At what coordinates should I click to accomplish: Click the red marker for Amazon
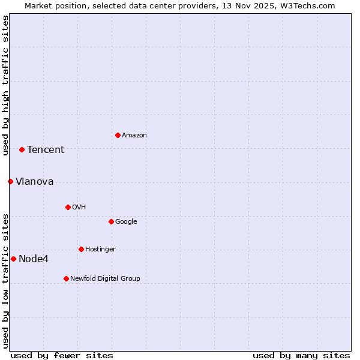118,135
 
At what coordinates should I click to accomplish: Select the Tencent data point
22,149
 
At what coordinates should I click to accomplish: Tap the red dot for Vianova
10,181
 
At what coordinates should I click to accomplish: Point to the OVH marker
68,207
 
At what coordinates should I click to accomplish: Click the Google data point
111,221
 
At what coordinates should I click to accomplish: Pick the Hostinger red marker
81,249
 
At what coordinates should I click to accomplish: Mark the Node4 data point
13,259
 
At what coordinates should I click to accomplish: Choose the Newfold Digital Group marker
66,278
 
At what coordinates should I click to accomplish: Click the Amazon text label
134,136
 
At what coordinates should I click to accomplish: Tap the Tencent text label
46,150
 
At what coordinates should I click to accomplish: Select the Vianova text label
35,182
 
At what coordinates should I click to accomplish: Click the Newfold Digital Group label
105,279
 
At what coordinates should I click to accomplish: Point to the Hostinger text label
100,250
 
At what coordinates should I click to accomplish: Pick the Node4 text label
34,259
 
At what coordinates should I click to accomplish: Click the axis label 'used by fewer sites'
62,355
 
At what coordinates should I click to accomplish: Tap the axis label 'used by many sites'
301,355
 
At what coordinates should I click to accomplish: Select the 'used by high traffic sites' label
5,85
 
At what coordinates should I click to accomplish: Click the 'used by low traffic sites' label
5,281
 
